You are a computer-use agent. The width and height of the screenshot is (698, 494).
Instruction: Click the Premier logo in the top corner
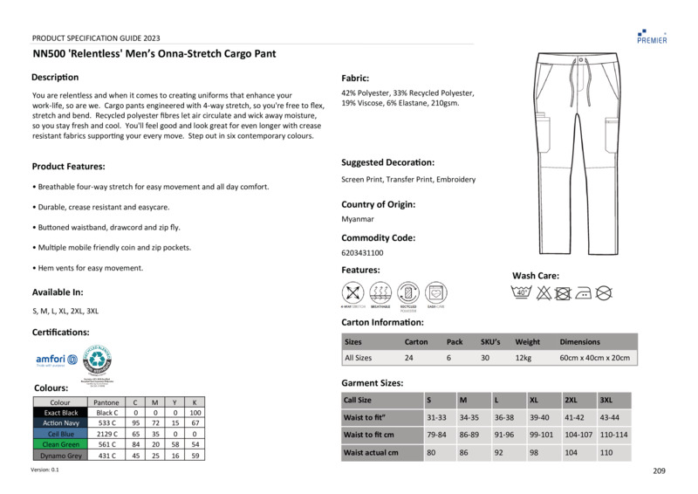(x=652, y=35)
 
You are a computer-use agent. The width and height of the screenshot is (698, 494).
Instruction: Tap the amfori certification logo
(x=56, y=360)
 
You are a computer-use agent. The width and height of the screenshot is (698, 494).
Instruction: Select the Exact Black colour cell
(x=61, y=412)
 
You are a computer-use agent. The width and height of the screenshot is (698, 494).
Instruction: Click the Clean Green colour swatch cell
(x=61, y=444)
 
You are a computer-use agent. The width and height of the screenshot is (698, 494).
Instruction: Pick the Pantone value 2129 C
(x=107, y=434)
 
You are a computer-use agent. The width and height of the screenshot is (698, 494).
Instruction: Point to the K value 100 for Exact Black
(x=195, y=412)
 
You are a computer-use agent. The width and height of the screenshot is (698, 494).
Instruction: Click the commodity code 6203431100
(x=362, y=253)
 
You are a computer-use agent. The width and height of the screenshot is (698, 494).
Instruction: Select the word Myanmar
(x=357, y=219)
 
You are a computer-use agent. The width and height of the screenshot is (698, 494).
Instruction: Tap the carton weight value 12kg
(x=523, y=358)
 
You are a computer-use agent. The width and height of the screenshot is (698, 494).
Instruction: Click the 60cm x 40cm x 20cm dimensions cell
(x=594, y=358)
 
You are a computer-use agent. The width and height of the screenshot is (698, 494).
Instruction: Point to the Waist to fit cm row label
(x=369, y=435)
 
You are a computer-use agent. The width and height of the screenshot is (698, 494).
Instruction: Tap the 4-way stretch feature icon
(x=352, y=292)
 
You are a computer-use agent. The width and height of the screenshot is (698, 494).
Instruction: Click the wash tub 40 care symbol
(x=522, y=293)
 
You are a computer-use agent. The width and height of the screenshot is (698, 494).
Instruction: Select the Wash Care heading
(x=536, y=276)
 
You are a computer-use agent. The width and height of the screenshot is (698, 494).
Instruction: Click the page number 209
(x=659, y=471)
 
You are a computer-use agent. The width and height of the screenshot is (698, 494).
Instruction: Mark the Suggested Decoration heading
(x=387, y=162)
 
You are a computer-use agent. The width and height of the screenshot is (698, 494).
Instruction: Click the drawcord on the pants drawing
(x=579, y=70)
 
